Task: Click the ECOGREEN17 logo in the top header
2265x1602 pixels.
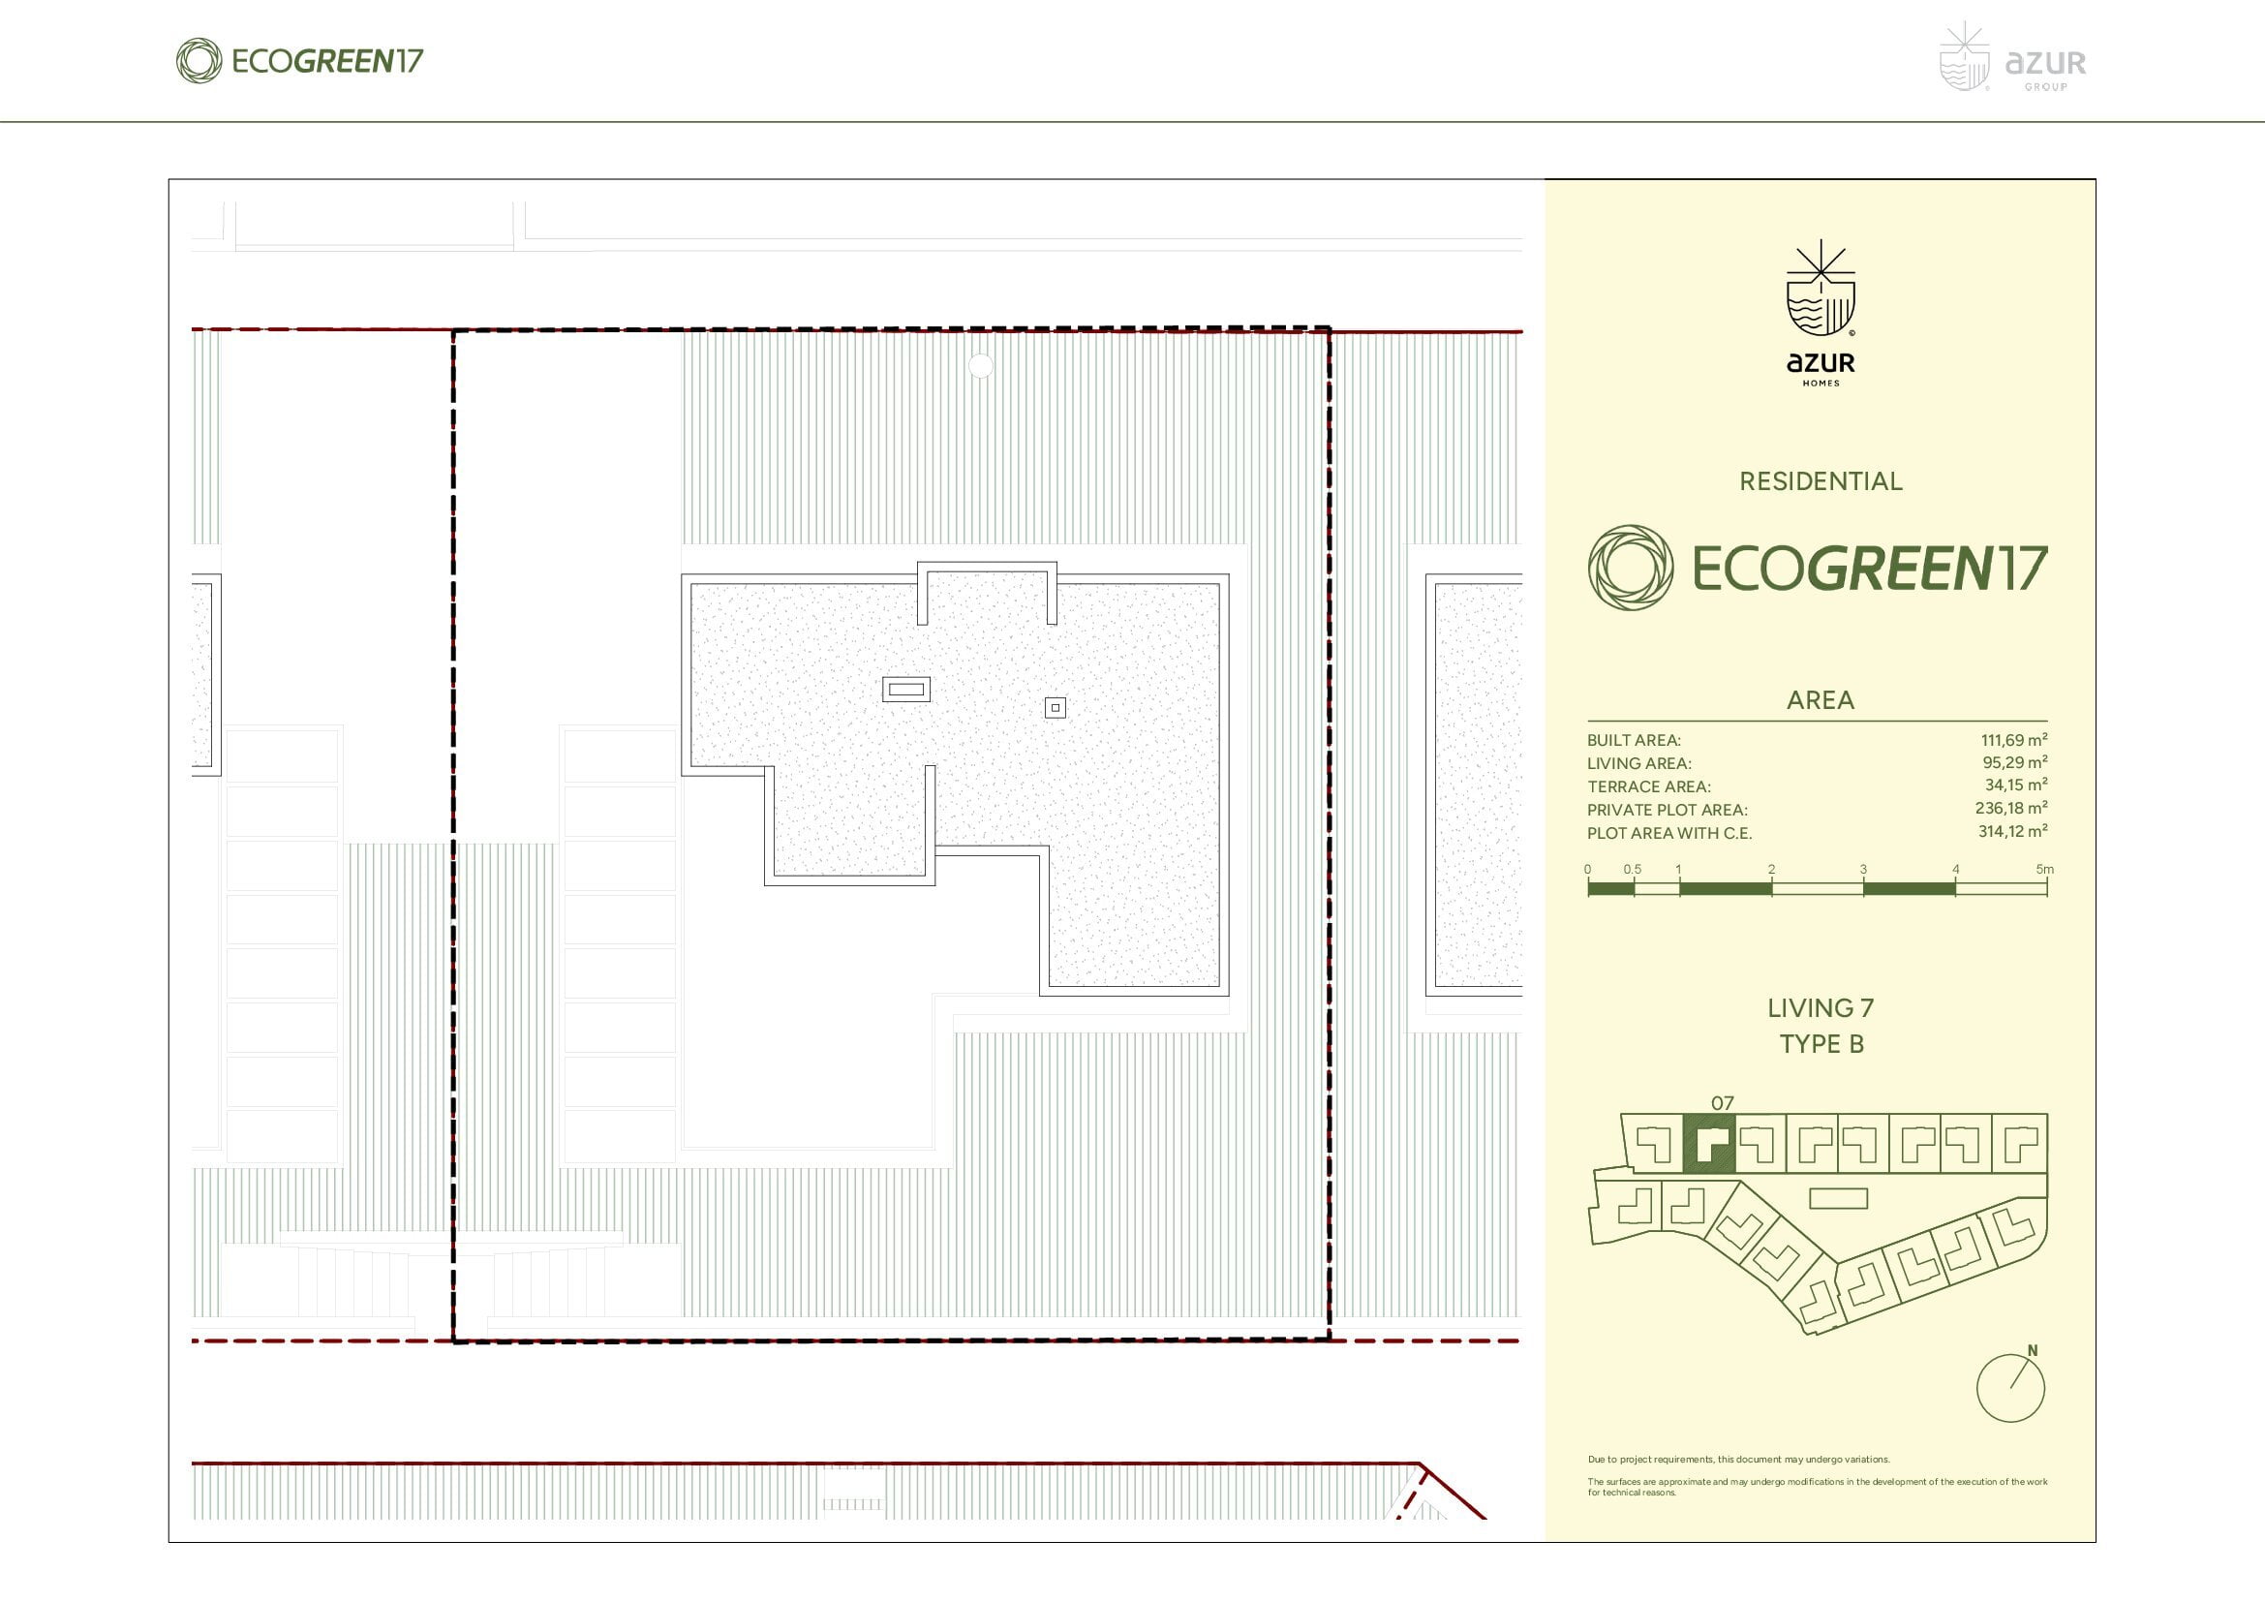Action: tap(300, 61)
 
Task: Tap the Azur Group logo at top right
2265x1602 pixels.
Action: tap(2012, 58)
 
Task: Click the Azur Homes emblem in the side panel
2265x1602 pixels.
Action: tap(1821, 313)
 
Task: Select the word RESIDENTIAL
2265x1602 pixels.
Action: tap(1821, 481)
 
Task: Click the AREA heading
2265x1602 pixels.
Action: tap(1821, 700)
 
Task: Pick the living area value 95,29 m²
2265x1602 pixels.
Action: tap(2015, 762)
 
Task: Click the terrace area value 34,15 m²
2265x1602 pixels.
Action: tap(2016, 786)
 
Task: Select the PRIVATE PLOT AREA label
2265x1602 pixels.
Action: tap(1668, 810)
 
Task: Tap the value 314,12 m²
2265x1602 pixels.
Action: tap(2012, 832)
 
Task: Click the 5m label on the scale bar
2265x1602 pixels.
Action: tap(2045, 869)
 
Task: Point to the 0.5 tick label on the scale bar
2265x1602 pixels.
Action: tap(1633, 869)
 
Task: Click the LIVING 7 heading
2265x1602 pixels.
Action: tap(1821, 1008)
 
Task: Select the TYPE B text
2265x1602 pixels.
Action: tap(1822, 1044)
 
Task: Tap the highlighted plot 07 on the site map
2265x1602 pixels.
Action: tap(1708, 1143)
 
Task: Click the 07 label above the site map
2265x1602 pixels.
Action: tap(1723, 1103)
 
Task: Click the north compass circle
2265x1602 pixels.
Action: tap(2011, 1388)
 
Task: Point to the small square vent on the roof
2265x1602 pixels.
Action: tap(1056, 707)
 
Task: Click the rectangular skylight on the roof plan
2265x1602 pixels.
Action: tap(905, 690)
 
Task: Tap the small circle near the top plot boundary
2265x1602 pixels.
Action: tap(981, 366)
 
